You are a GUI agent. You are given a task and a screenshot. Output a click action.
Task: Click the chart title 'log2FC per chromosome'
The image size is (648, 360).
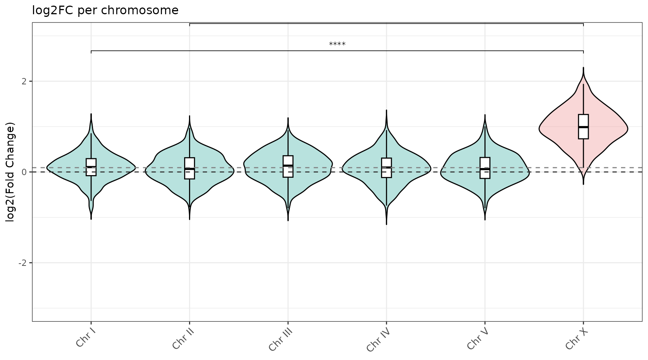105,10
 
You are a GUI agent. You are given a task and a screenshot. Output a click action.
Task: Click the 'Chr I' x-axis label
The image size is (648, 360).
85,338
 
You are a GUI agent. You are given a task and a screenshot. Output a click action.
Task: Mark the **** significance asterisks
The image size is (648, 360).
337,45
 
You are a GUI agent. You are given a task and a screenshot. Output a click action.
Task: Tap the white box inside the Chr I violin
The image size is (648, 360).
91,167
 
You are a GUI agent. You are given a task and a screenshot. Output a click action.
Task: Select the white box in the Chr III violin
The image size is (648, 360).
288,166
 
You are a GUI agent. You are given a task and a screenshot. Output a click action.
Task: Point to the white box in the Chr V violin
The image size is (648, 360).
485,168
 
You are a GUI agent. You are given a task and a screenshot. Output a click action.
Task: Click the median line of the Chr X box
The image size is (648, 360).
583,127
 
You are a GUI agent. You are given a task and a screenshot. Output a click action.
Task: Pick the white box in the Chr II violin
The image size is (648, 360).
189,168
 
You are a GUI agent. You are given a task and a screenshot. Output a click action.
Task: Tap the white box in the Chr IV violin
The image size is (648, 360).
386,168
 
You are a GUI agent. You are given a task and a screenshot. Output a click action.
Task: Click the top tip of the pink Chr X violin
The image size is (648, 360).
583,68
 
